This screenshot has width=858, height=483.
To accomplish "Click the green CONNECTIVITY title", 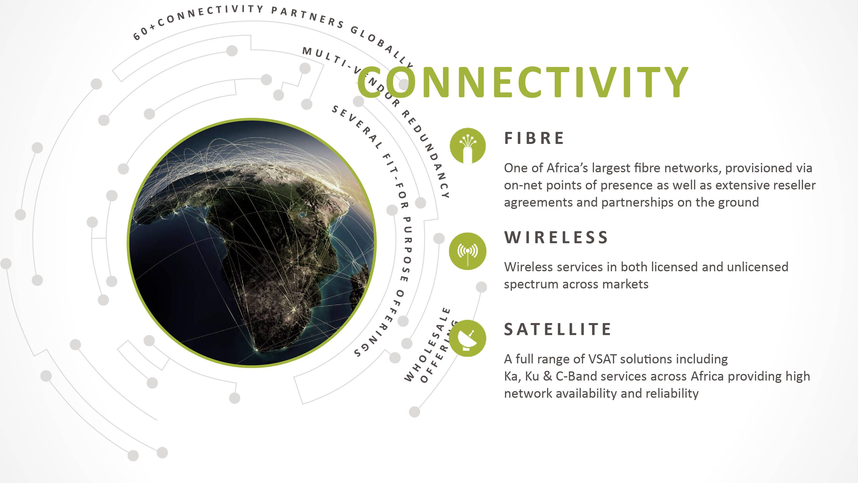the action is click(x=523, y=82).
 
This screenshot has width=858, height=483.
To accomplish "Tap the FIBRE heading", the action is click(x=534, y=138).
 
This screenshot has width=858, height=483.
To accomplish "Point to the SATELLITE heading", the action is click(x=558, y=329).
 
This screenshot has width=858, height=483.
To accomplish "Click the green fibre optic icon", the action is click(x=468, y=146).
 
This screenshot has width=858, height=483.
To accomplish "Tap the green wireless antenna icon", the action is click(x=468, y=251).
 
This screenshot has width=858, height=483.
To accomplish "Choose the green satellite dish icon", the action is click(x=468, y=338).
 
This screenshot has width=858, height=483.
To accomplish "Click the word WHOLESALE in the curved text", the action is click(x=427, y=345).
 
